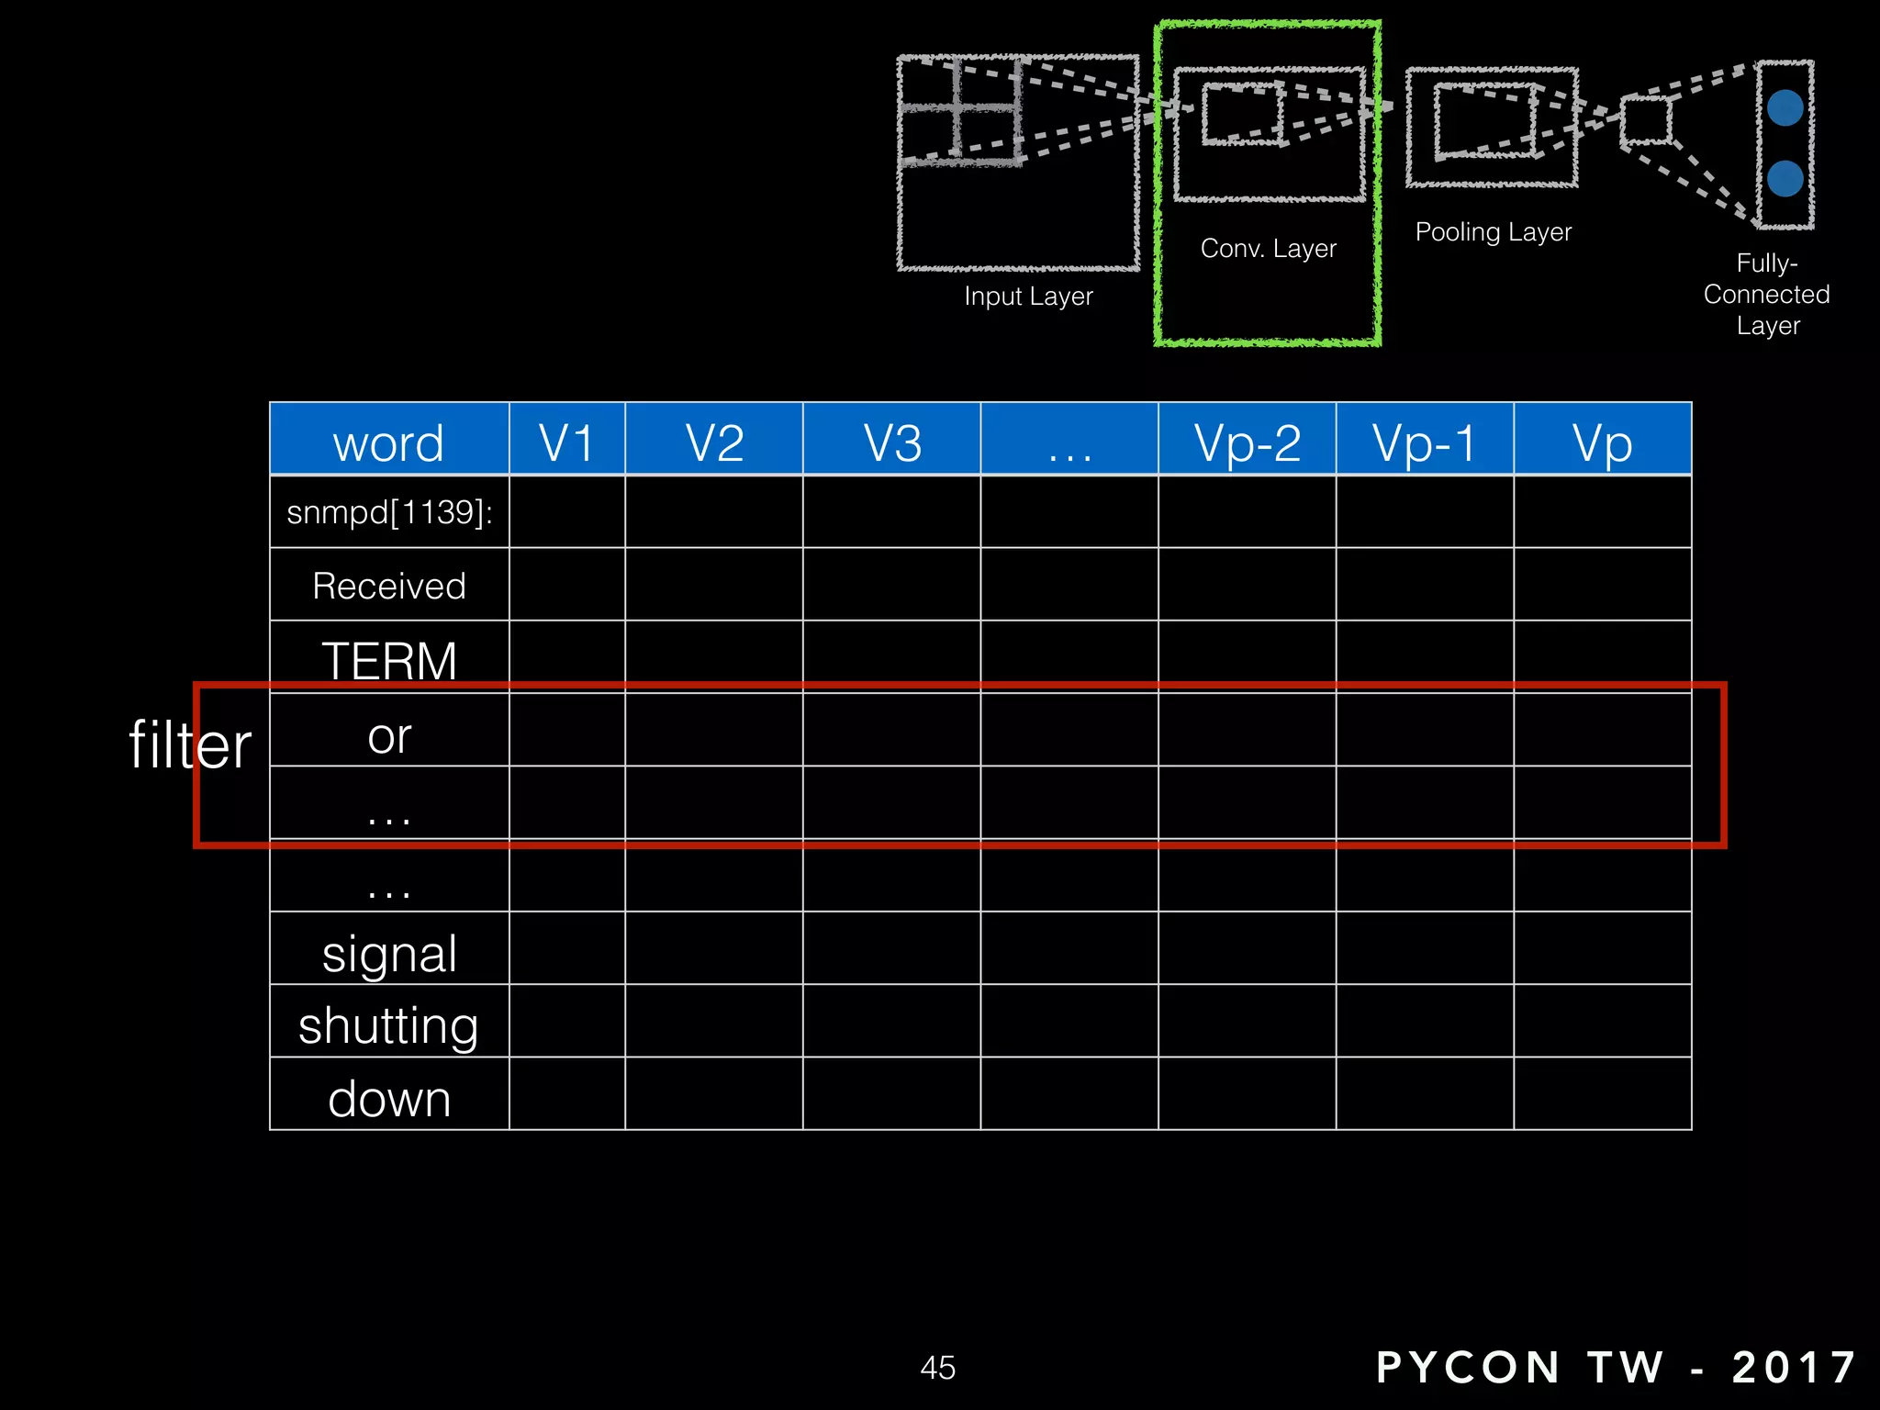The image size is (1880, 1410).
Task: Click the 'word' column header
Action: click(388, 443)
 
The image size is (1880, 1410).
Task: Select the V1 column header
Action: click(566, 443)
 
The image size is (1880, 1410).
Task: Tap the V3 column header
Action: click(892, 443)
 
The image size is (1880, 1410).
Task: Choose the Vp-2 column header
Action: click(1247, 443)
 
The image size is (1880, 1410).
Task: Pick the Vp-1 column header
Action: click(1425, 443)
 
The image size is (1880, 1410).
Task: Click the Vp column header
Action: click(1602, 443)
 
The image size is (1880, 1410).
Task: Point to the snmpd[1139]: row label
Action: click(389, 512)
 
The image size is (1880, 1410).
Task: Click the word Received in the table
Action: click(389, 586)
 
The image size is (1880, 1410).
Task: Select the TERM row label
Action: click(389, 660)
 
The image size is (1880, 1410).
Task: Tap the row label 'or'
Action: click(389, 736)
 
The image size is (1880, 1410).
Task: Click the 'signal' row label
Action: click(389, 954)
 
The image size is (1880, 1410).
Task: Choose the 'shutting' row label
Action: click(389, 1025)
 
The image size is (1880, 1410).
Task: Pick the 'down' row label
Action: click(389, 1099)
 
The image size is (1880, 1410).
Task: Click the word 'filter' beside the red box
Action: click(190, 744)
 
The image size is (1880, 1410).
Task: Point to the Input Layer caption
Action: click(1028, 296)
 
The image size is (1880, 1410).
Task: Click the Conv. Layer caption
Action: click(1268, 248)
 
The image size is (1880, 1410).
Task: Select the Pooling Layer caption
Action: click(1493, 231)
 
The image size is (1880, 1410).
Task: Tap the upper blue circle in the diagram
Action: click(1785, 108)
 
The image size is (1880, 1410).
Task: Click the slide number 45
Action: click(937, 1367)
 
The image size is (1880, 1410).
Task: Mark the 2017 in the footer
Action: click(1794, 1367)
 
